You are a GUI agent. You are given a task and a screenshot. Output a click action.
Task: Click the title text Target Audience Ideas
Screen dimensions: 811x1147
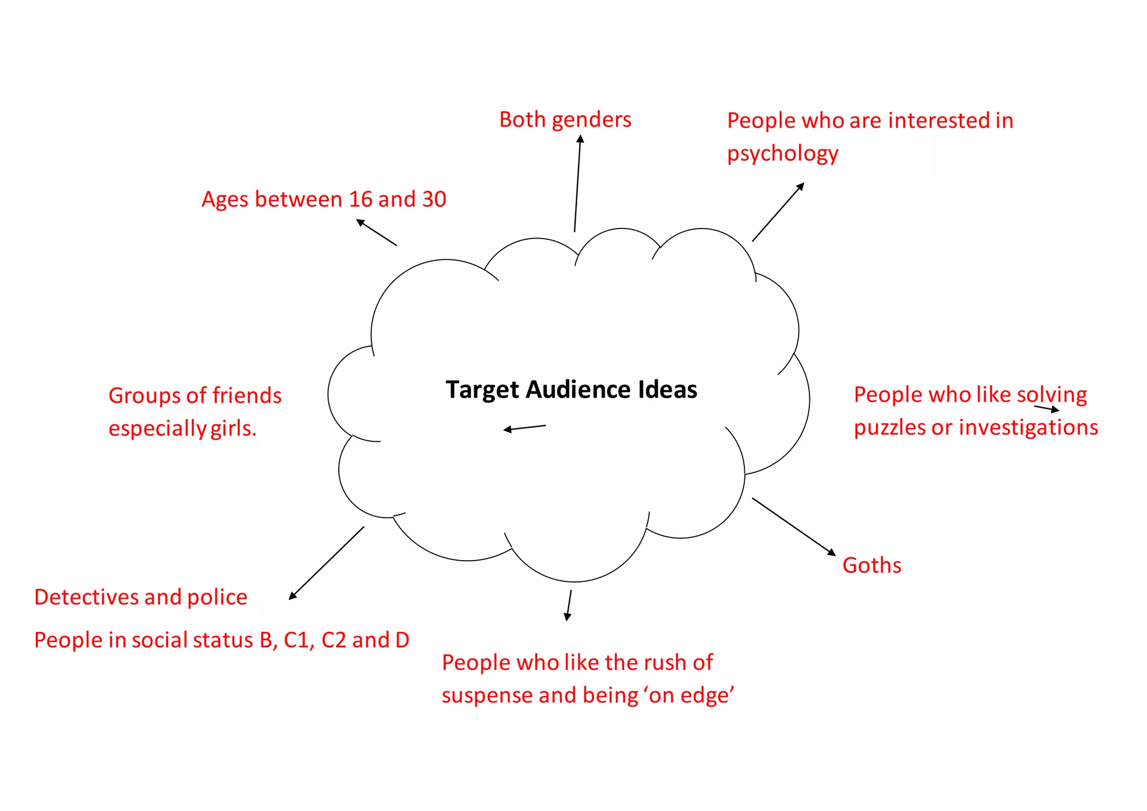click(571, 390)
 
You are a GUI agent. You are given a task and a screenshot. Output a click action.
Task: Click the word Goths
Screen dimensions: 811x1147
click(871, 565)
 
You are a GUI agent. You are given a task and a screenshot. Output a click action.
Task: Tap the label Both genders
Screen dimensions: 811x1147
click(565, 120)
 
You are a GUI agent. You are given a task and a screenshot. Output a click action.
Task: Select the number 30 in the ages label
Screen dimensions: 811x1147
click(434, 199)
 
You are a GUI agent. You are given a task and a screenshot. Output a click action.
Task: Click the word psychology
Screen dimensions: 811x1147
click(782, 154)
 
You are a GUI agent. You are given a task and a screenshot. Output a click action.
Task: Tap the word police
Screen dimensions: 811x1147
click(217, 597)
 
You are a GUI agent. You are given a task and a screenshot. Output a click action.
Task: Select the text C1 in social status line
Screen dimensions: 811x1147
click(296, 640)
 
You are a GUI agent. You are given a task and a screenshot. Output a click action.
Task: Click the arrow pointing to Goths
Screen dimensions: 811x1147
click(794, 526)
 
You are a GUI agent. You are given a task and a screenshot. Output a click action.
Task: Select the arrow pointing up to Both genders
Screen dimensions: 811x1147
click(577, 183)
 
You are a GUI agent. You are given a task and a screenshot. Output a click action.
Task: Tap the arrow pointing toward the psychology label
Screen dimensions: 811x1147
click(778, 212)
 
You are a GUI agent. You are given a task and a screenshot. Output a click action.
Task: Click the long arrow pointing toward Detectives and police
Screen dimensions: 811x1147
click(326, 563)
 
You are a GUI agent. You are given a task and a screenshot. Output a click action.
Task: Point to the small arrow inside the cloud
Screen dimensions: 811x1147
click(524, 428)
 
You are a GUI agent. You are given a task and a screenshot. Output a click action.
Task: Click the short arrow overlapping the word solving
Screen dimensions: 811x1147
click(1046, 409)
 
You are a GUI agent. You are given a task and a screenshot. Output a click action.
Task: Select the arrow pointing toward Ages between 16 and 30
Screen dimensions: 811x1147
click(376, 232)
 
